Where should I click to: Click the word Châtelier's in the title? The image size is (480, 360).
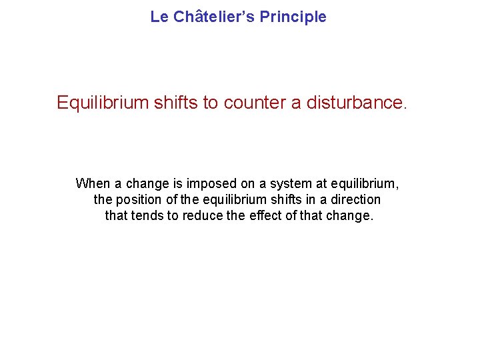tap(214, 17)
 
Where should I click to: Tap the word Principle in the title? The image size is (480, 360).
tap(293, 17)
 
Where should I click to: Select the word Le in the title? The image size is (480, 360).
tap(159, 17)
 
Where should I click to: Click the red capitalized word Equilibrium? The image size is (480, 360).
tap(103, 103)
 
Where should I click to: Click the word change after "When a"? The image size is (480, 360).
tap(146, 183)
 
